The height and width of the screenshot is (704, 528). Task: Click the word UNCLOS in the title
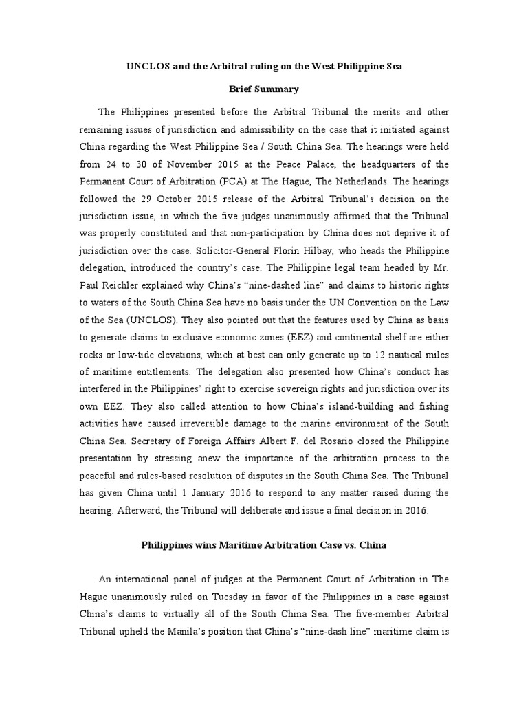(147, 65)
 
